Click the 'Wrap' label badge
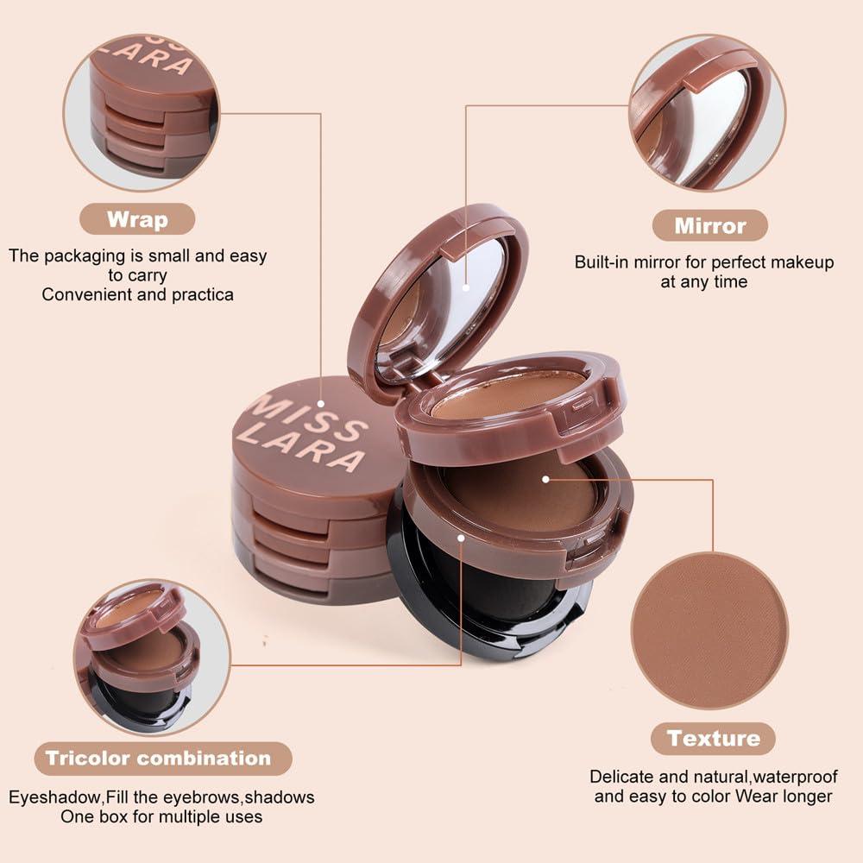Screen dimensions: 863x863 (x=137, y=219)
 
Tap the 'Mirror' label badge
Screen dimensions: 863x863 (x=710, y=225)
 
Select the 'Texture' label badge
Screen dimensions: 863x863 (x=714, y=739)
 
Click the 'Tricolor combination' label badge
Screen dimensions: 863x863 (x=163, y=759)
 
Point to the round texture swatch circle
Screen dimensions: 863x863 (x=710, y=631)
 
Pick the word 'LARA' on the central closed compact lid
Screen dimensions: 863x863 (x=301, y=447)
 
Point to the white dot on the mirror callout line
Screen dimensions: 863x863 (x=466, y=287)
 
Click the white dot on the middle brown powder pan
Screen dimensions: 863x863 (x=545, y=479)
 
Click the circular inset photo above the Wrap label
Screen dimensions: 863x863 (x=142, y=113)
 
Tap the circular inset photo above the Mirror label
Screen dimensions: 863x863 (x=708, y=113)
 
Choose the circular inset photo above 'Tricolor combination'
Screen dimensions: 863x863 (x=152, y=657)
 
